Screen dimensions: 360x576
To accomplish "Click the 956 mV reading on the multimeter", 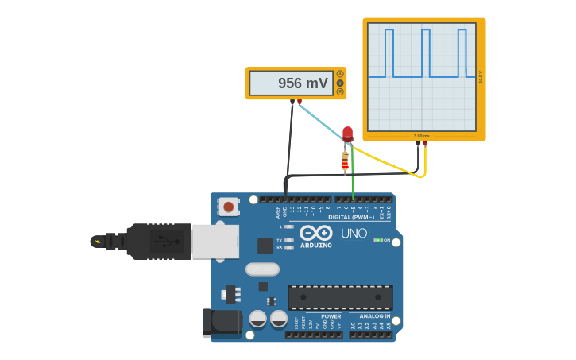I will pyautogui.click(x=302, y=83).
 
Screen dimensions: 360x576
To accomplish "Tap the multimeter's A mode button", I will pyautogui.click(x=340, y=74).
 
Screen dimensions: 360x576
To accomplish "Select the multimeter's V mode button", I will pyautogui.click(x=340, y=83).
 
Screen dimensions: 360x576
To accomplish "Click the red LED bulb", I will pyautogui.click(x=347, y=133).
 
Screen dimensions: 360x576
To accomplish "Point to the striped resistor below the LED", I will pyautogui.click(x=345, y=161).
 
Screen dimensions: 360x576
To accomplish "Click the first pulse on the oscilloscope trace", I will pyautogui.click(x=389, y=52).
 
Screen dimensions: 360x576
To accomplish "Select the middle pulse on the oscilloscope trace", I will pyautogui.click(x=426, y=52).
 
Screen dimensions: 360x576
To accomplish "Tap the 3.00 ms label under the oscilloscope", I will pyautogui.click(x=422, y=136).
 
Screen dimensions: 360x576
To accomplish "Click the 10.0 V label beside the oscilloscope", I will pyautogui.click(x=481, y=76).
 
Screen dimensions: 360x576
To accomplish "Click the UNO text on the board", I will pyautogui.click(x=354, y=234).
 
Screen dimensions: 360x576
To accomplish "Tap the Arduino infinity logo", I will pyautogui.click(x=315, y=233).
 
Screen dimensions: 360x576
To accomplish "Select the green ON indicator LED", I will pyautogui.click(x=377, y=240).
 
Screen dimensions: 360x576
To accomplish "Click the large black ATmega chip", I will pyautogui.click(x=340, y=297).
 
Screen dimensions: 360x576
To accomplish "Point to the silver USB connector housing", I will pyautogui.click(x=215, y=241).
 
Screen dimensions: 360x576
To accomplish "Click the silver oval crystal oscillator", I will pyautogui.click(x=262, y=269).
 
